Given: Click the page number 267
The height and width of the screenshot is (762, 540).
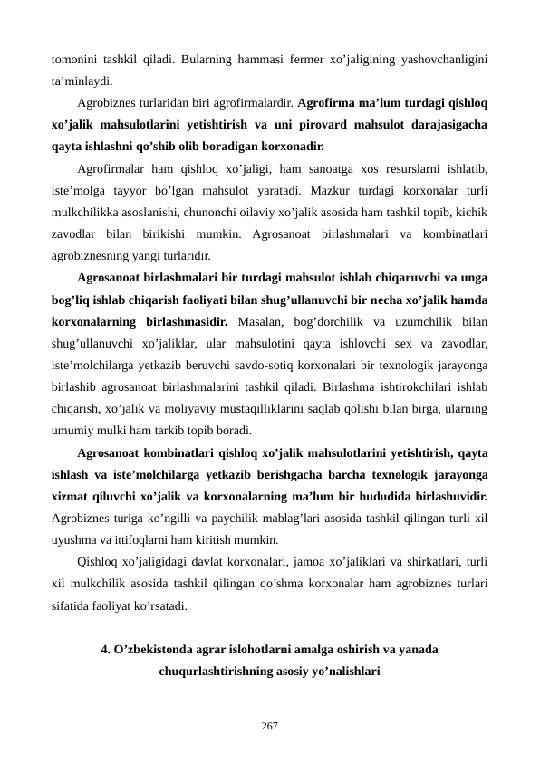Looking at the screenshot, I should coord(270,726).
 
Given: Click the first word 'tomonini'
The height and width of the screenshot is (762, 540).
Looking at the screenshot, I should coord(73,60).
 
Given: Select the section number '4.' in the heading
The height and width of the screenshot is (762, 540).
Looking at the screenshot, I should coord(106,650).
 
